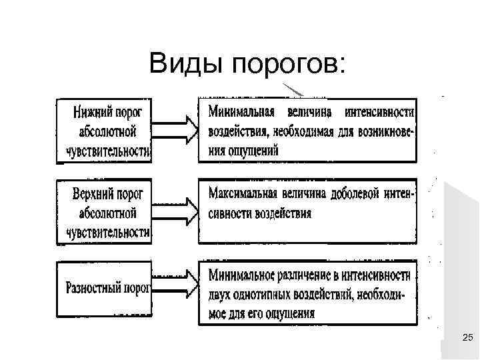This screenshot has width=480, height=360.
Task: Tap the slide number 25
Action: tap(467, 340)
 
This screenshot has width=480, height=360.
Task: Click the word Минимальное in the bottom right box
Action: tap(243, 273)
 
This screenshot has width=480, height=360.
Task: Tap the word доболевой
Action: tap(356, 193)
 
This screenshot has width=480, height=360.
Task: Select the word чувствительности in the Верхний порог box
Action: tap(109, 232)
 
